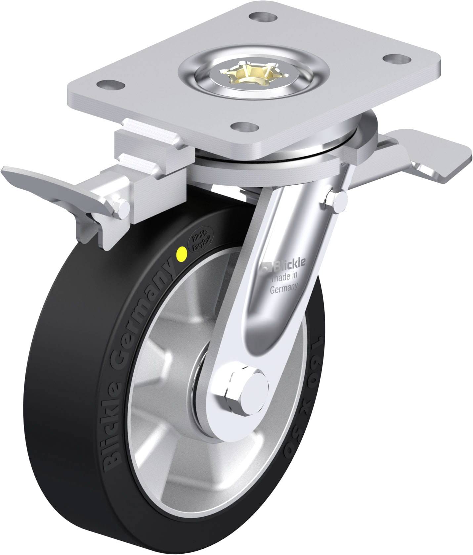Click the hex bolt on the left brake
[x=123, y=207]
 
